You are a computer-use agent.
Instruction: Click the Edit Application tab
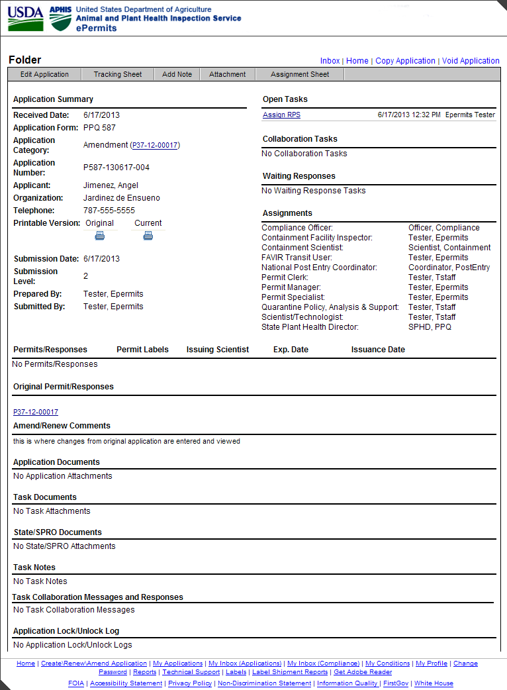click(44, 74)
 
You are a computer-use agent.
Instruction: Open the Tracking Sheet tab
click(118, 74)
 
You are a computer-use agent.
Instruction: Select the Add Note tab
click(177, 74)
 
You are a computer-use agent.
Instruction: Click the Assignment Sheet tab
click(300, 74)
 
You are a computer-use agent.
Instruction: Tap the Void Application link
click(471, 61)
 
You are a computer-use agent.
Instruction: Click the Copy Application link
click(405, 61)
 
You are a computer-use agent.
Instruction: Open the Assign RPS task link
click(281, 115)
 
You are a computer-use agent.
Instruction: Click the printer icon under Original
click(100, 235)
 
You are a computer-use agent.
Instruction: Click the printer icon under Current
click(148, 235)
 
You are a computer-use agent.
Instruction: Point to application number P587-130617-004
click(116, 168)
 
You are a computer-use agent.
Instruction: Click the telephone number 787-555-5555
click(109, 211)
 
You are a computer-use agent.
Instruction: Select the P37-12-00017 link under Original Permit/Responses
click(36, 412)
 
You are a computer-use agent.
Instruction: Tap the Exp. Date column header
click(291, 350)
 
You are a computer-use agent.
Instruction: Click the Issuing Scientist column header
click(218, 350)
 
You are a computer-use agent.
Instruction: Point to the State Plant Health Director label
click(310, 327)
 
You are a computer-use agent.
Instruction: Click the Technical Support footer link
click(191, 672)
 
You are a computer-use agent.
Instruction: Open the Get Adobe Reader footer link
click(363, 672)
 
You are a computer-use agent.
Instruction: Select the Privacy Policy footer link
click(190, 683)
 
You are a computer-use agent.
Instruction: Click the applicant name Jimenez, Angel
click(111, 185)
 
